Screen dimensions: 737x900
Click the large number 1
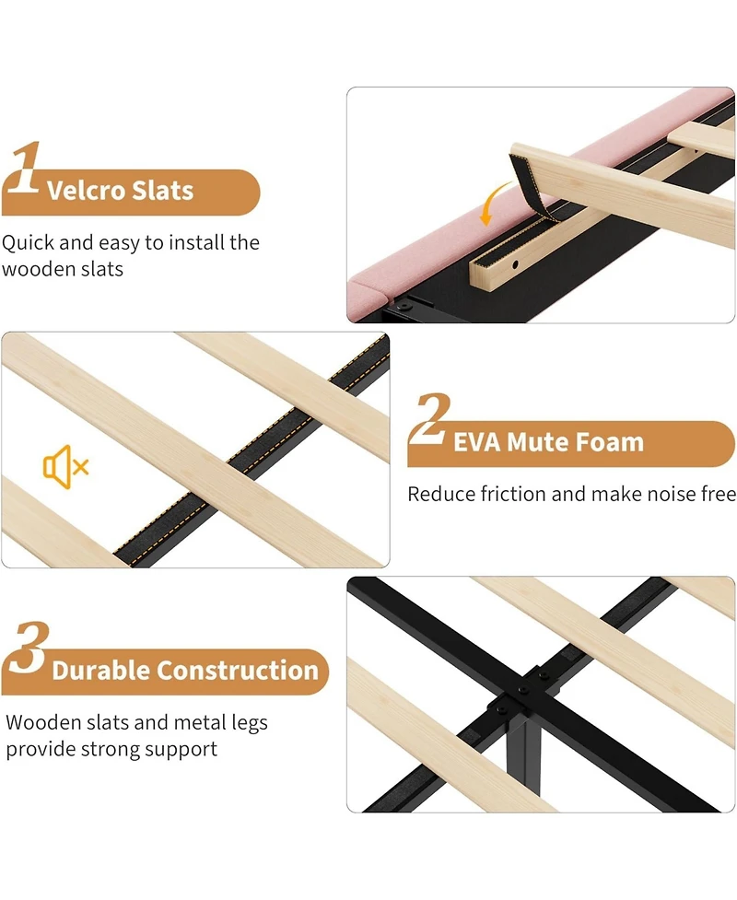(24, 168)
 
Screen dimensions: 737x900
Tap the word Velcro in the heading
(86, 191)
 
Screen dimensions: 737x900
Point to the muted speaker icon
(65, 467)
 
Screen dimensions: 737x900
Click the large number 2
(430, 420)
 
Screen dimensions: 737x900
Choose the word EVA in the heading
(477, 442)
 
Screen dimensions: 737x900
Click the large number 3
(29, 647)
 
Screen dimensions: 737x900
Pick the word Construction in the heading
(237, 670)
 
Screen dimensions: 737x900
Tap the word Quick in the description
(28, 243)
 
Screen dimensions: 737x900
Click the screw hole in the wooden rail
(515, 264)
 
